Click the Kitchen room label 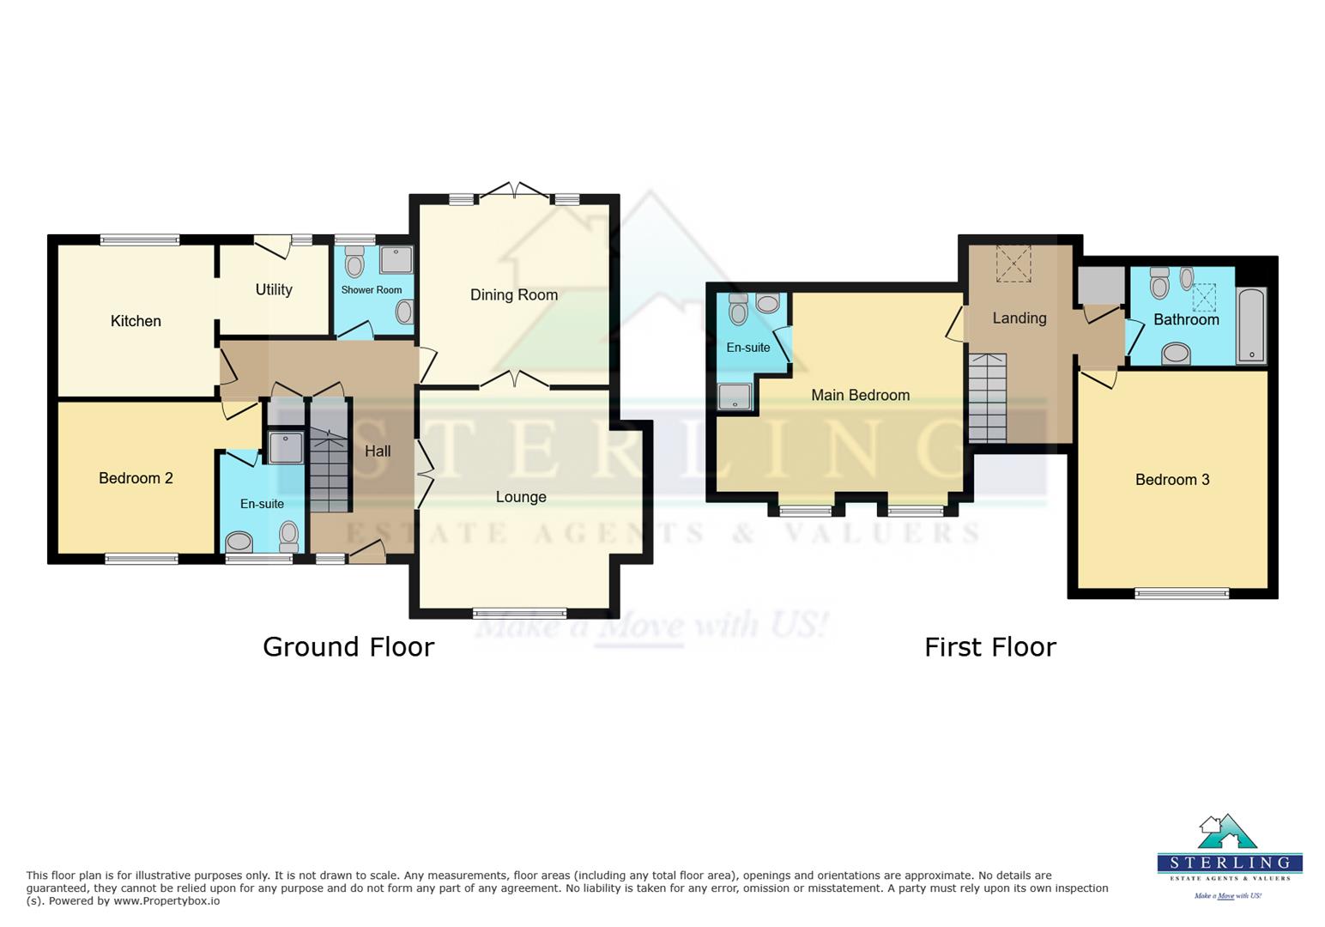(136, 321)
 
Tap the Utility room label (274, 290)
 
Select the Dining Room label (514, 295)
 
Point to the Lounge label (521, 497)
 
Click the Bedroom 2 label (136, 478)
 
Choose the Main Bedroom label (860, 395)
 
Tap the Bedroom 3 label (1172, 480)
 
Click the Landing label (1019, 318)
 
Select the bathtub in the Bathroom (1251, 326)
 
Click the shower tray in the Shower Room (396, 259)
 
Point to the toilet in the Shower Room (354, 261)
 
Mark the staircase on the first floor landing (987, 397)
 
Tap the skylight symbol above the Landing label (1013, 264)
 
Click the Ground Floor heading (348, 646)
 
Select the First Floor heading (989, 646)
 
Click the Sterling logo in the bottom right (1229, 855)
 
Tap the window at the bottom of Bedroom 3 (1182, 593)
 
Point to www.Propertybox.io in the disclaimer (166, 901)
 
